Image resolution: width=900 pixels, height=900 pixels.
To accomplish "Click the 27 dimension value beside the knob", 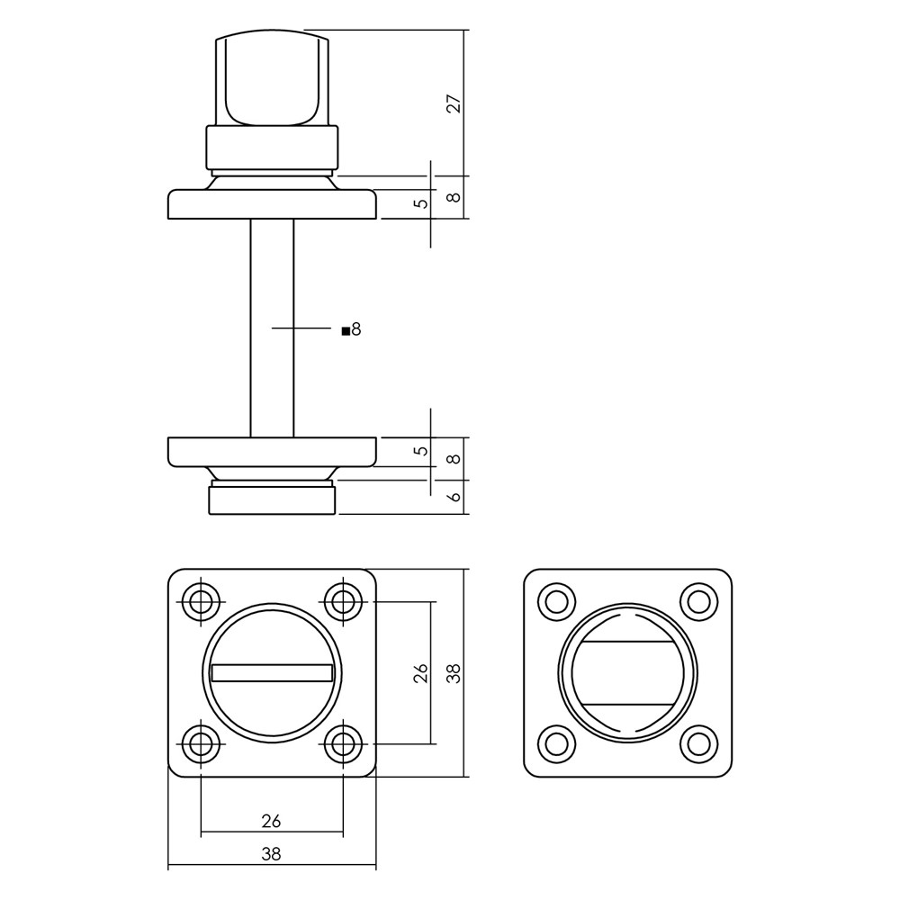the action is point(454,103).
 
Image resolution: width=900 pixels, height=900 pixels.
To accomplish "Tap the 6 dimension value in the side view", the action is point(454,497).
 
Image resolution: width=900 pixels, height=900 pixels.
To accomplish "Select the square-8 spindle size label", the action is point(351,329).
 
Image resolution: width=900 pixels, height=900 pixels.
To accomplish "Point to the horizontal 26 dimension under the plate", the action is point(272,822).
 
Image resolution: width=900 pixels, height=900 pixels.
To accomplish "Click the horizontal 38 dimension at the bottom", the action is point(272,854).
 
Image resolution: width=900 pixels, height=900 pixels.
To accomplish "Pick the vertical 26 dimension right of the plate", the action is point(422,672).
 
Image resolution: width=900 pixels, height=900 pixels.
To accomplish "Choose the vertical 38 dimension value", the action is point(454,672).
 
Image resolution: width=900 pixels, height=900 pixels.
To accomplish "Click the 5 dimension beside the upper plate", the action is point(422,203).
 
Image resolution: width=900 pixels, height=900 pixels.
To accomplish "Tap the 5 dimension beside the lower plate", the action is point(422,451).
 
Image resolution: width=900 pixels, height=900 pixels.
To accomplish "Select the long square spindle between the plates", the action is point(272,328).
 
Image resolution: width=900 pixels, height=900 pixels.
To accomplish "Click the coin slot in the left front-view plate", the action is point(272,672).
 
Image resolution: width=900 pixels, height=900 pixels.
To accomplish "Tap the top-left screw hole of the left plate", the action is point(201,602).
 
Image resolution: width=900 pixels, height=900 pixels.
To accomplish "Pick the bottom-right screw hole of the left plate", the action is point(343,744).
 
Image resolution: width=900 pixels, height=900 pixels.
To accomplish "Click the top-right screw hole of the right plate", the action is point(699,602).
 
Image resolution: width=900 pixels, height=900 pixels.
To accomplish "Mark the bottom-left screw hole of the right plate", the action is point(557,744).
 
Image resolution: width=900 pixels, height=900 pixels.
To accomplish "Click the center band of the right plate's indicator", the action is point(628,672).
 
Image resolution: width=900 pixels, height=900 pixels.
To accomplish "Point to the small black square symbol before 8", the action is point(346,331).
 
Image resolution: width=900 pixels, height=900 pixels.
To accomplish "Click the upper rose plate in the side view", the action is point(272,204).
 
